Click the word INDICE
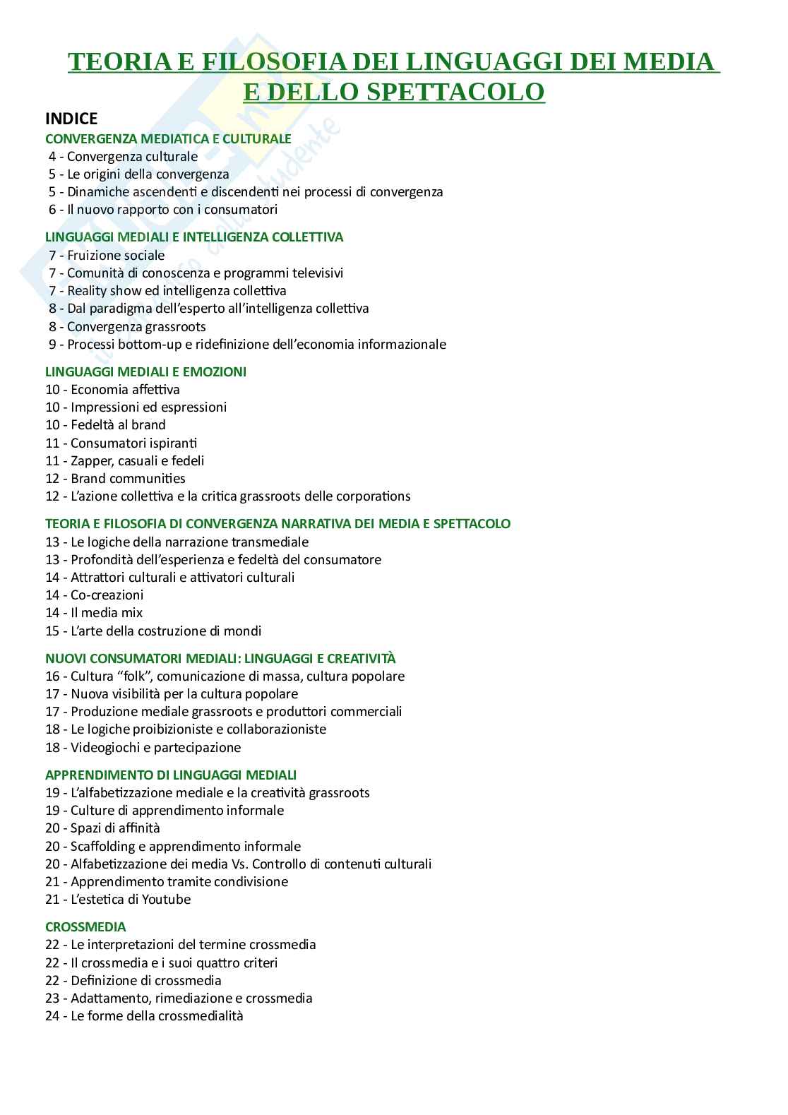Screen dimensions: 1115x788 click(71, 119)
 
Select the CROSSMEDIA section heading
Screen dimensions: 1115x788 click(85, 926)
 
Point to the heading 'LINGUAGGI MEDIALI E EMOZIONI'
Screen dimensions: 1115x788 click(145, 371)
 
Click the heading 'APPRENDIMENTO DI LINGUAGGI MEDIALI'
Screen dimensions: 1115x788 click(171, 775)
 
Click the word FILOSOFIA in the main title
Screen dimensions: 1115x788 click(274, 62)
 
